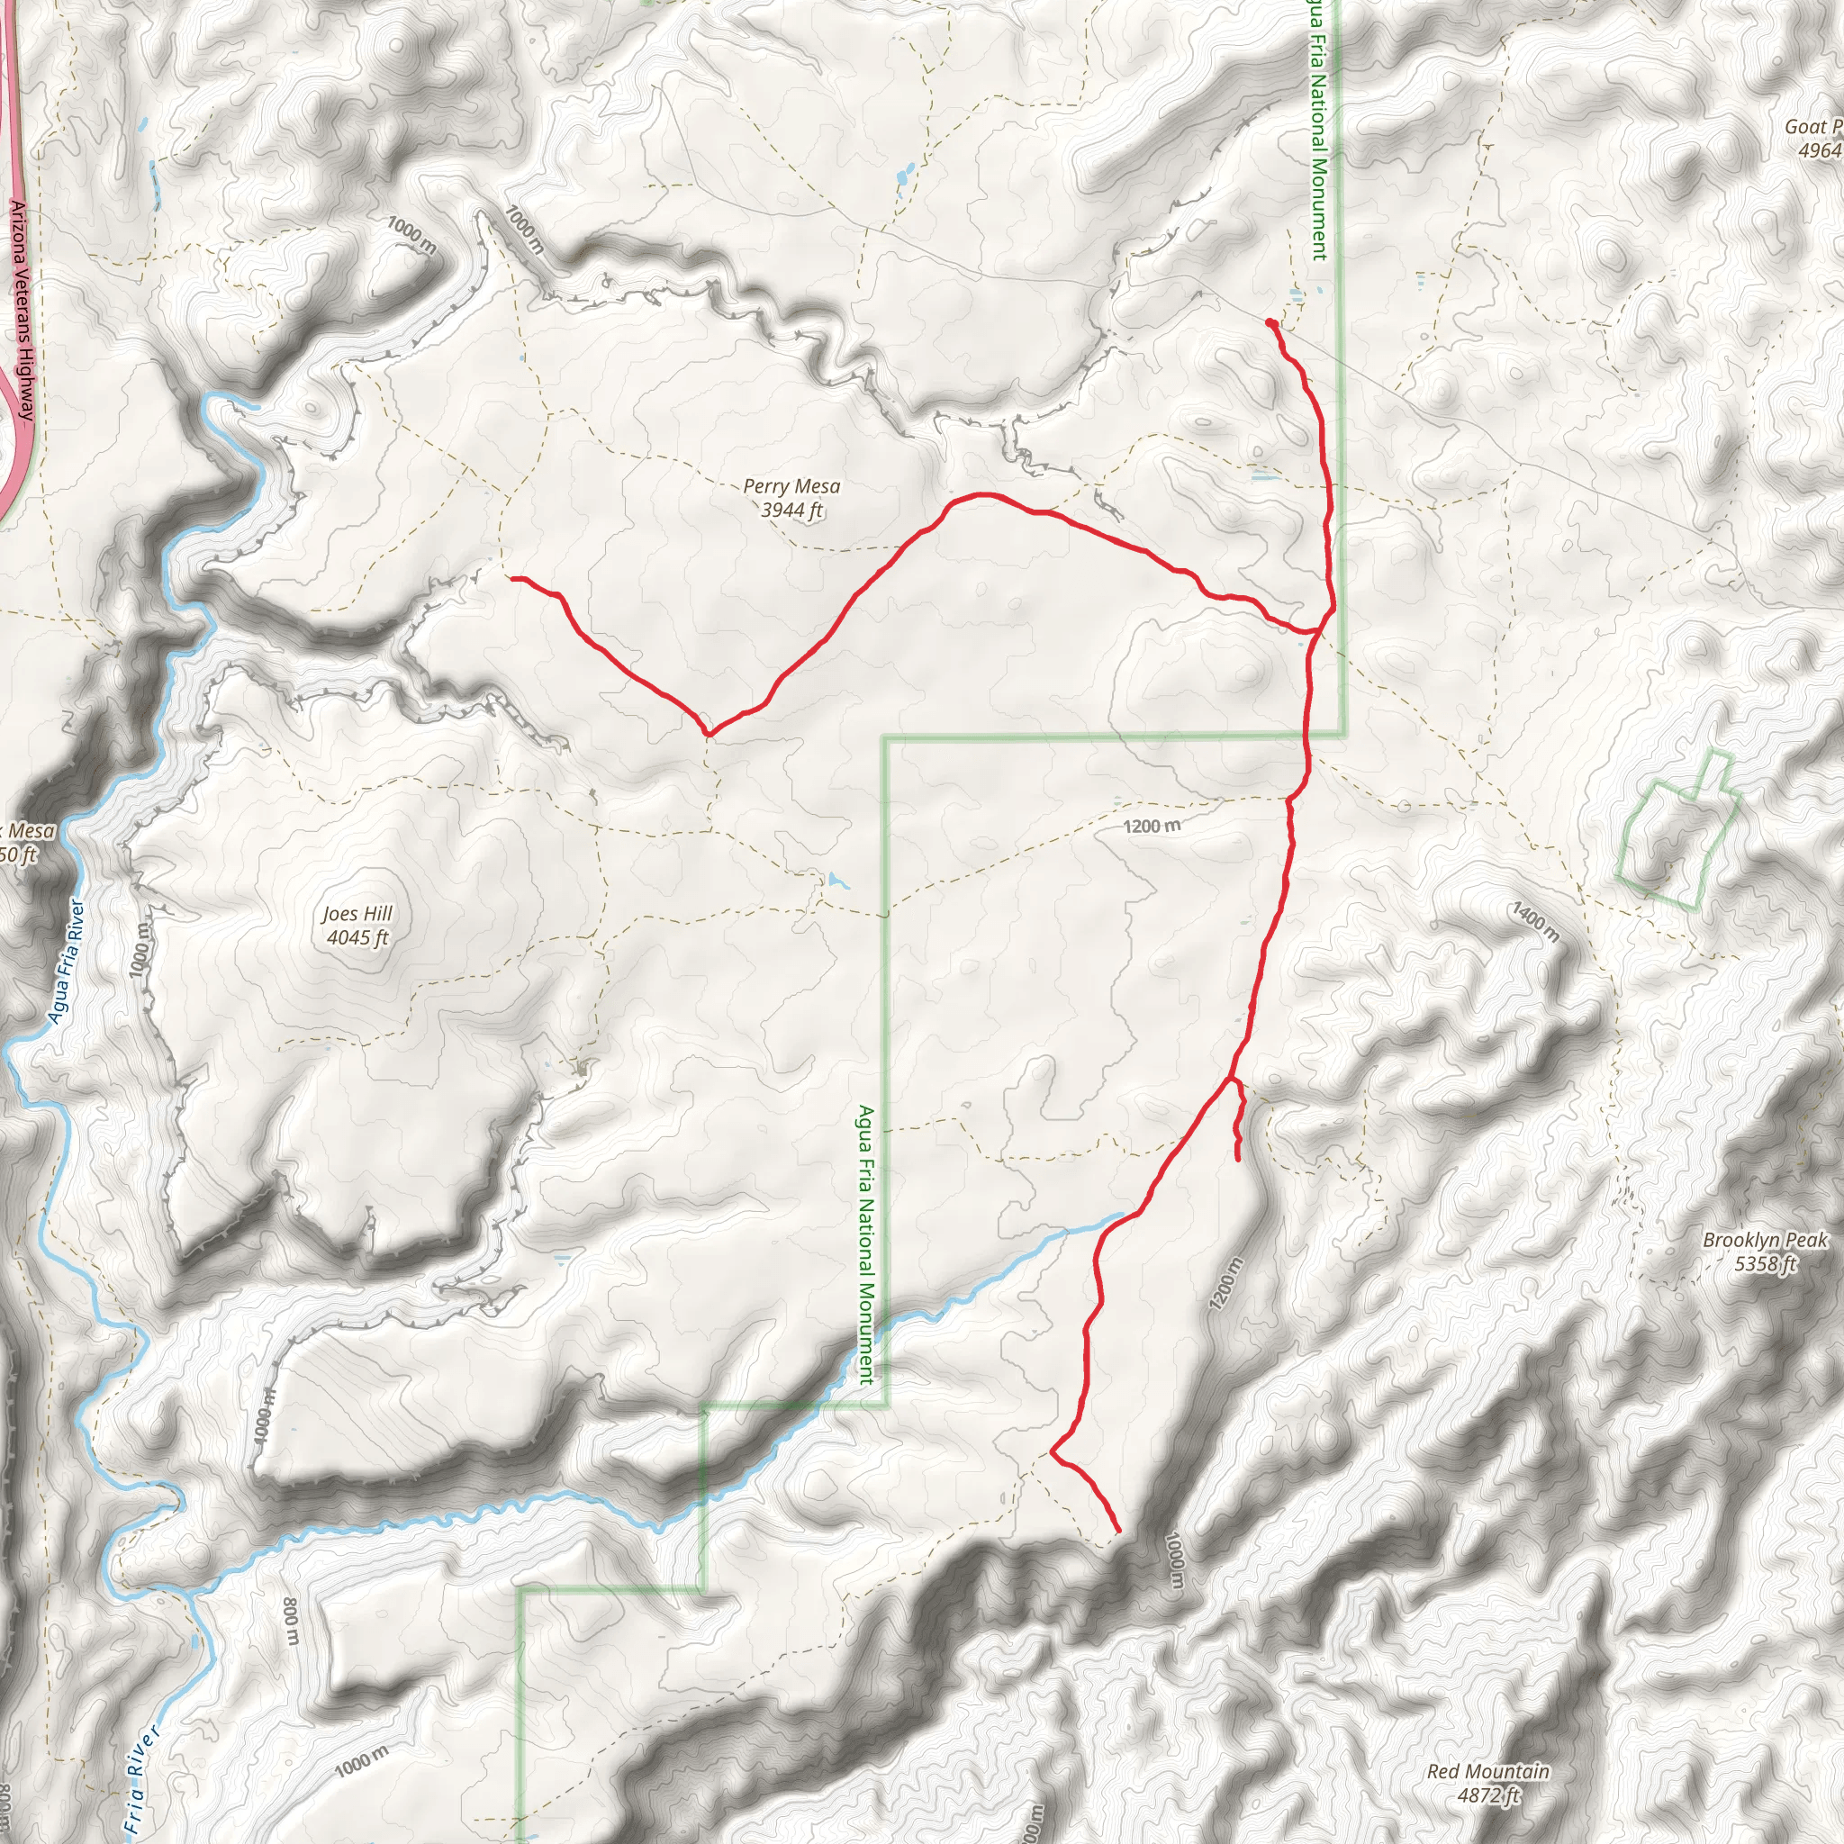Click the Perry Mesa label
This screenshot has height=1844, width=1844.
[x=791, y=486]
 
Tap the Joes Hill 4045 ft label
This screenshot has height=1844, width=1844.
[x=357, y=925]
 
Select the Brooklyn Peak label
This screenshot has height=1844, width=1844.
[x=1765, y=1240]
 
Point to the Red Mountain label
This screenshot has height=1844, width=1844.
[x=1488, y=1771]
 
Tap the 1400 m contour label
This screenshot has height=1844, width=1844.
[x=1535, y=921]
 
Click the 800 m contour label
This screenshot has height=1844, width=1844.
[x=292, y=1622]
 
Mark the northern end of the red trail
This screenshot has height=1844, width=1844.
[x=1270, y=322]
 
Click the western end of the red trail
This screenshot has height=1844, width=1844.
[x=512, y=577]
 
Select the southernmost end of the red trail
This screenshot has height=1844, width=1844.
[x=1117, y=1532]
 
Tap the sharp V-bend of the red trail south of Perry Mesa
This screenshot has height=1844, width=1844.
[x=707, y=735]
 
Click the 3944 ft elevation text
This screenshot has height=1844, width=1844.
[x=791, y=511]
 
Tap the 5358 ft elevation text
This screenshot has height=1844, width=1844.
[x=1765, y=1263]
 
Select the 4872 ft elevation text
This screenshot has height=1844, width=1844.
[x=1488, y=1795]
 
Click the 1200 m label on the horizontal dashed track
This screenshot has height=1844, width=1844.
[x=1151, y=826]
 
